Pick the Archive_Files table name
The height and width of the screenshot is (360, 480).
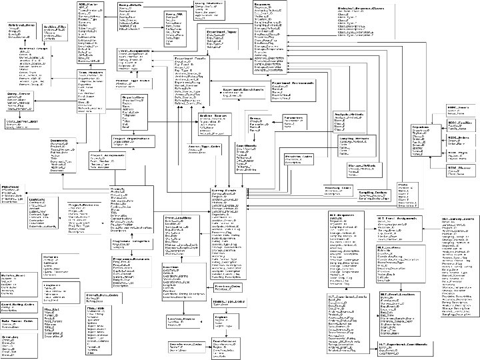tap(55, 26)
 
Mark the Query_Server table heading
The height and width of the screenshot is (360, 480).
tap(19, 95)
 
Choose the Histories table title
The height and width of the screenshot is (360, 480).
tap(51, 256)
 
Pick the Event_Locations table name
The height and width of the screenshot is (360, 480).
tap(178, 216)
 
